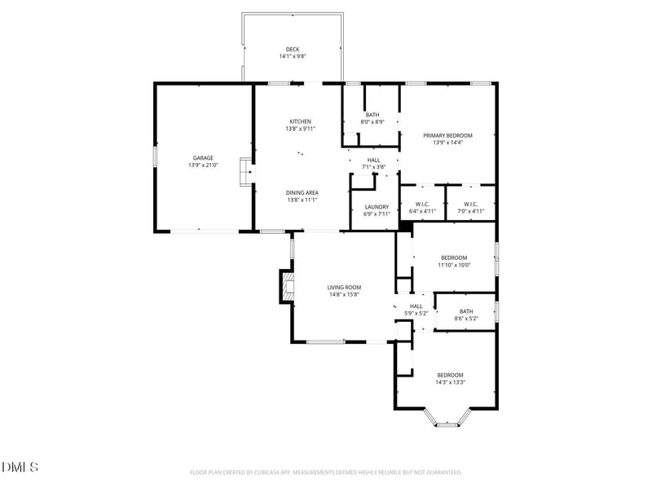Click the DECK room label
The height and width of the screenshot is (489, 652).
[292, 49]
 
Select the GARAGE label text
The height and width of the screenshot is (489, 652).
[203, 158]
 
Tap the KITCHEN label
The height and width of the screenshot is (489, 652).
[300, 121]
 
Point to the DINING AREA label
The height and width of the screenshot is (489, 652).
[301, 192]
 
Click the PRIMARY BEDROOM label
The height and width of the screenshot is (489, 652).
[447, 135]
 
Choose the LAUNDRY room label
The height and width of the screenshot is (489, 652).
[376, 207]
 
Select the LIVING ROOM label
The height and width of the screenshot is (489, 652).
[344, 287]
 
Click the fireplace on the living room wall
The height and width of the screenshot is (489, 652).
[286, 286]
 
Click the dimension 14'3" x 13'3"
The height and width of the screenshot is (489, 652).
[449, 382]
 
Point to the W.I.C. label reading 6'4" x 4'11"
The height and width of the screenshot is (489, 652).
[422, 208]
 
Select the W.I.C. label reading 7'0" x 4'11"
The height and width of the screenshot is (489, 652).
[470, 208]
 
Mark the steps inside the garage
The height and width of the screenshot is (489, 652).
[244, 173]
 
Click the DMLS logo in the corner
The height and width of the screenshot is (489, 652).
[20, 467]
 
